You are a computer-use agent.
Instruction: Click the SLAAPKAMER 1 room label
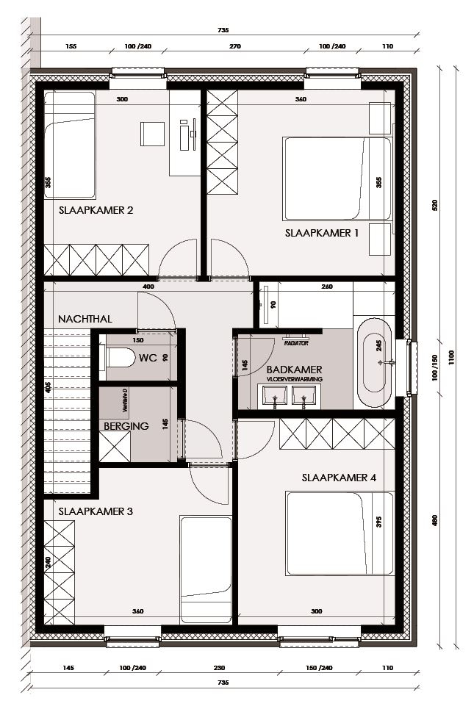click(x=321, y=233)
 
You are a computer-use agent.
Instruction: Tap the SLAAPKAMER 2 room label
click(x=96, y=210)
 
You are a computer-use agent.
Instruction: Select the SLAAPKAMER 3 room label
click(x=96, y=511)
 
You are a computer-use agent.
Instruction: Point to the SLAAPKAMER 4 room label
click(x=339, y=478)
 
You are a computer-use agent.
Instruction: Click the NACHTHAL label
click(x=85, y=319)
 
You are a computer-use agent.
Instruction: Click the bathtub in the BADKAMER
click(x=375, y=362)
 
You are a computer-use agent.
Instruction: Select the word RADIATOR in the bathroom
click(x=296, y=342)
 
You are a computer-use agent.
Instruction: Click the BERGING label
click(x=126, y=425)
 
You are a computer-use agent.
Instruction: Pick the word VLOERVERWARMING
click(x=294, y=379)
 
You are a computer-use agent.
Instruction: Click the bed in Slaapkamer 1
click(x=337, y=179)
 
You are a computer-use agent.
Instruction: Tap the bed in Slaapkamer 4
click(x=339, y=533)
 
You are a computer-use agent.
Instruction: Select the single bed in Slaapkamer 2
click(x=69, y=145)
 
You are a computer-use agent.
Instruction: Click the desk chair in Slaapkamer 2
click(x=153, y=134)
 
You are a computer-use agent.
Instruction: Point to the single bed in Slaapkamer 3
click(x=206, y=569)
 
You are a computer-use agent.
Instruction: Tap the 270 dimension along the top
click(x=236, y=46)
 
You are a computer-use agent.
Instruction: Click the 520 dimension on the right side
click(x=434, y=206)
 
